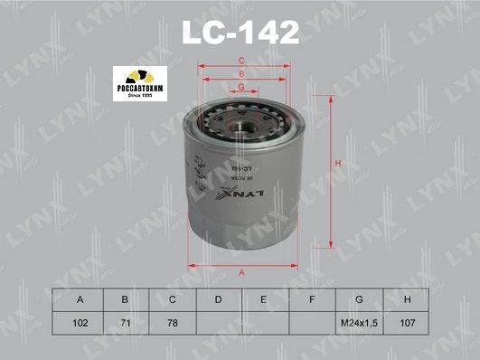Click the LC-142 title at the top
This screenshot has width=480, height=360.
[240, 33]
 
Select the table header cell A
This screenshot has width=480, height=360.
[80, 299]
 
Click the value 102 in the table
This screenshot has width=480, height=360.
[80, 321]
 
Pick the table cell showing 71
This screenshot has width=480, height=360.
[126, 321]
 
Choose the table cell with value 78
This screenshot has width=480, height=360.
[172, 321]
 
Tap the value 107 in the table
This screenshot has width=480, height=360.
[408, 321]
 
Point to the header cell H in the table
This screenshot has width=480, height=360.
[408, 299]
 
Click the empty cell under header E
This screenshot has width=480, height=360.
[265, 321]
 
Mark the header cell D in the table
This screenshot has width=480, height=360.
[218, 299]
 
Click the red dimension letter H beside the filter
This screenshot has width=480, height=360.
[336, 163]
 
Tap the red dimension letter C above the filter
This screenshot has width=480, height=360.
[241, 61]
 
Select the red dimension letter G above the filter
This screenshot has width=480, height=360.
[241, 86]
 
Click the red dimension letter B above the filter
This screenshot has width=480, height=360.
[241, 72]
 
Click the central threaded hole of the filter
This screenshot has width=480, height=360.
[242, 117]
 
